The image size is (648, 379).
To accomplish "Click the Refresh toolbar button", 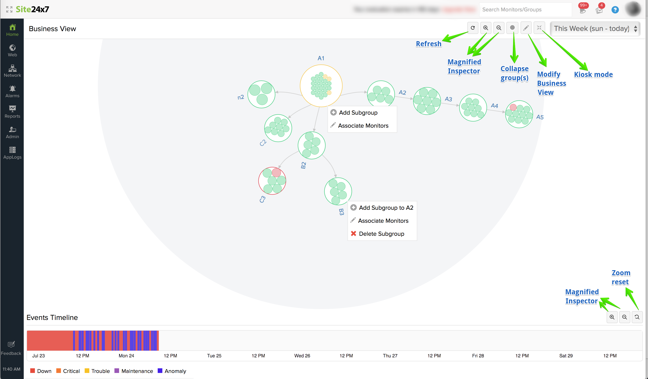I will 473,28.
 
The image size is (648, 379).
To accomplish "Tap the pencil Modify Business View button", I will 526,28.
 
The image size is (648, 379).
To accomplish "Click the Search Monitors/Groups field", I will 524,10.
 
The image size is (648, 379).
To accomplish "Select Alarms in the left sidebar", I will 12,92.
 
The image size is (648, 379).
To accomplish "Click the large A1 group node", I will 321,86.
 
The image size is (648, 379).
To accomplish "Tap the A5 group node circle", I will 519,114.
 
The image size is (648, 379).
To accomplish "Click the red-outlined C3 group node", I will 272,181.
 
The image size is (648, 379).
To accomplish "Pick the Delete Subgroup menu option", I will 381,234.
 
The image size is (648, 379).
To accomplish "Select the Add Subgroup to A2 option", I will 386,208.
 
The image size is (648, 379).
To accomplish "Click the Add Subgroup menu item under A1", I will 358,113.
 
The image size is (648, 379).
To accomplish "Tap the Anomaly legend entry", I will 175,371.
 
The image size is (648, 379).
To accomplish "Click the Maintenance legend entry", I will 137,371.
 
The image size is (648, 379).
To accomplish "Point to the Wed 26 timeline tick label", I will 302,356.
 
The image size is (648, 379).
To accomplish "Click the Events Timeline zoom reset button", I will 637,317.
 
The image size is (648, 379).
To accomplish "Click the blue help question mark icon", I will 615,10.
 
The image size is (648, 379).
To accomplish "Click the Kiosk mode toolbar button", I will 539,28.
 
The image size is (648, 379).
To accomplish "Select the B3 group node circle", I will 338,191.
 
